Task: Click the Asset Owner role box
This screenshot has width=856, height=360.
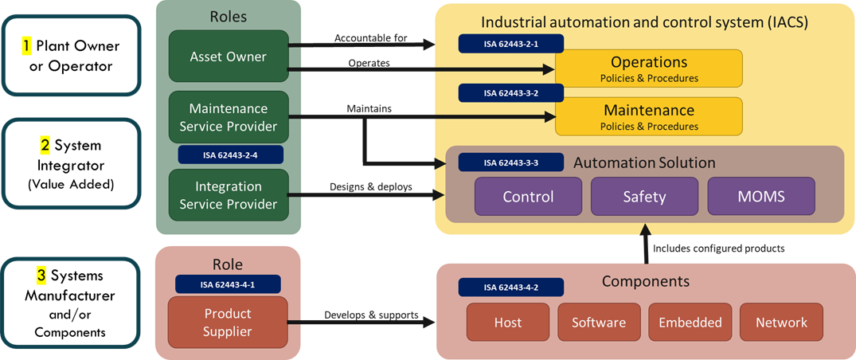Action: coord(228,57)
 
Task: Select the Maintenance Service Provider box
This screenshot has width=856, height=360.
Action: coord(228,117)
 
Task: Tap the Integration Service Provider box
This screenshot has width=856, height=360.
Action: coord(228,195)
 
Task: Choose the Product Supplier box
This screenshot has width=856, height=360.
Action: coord(228,323)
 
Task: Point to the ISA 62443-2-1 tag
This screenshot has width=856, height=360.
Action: coord(510,43)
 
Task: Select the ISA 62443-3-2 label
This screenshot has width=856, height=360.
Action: coord(510,93)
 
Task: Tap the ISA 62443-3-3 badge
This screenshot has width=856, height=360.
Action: coord(510,162)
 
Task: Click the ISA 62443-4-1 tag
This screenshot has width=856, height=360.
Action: coord(228,284)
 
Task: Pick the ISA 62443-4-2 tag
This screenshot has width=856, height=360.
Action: coord(510,288)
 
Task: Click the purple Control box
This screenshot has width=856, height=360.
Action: coord(528,196)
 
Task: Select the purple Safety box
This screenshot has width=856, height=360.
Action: coord(644,196)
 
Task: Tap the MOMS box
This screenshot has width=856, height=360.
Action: coord(760,196)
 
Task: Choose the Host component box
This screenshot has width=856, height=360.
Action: coord(507,323)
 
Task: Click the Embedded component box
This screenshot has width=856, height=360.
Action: coord(690,323)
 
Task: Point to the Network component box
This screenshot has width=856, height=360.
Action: coord(781,323)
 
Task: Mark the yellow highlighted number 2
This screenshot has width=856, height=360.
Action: coord(45,147)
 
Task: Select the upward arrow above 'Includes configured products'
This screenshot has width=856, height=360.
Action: coord(645,240)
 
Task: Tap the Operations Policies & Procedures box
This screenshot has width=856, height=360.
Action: coord(648,68)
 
